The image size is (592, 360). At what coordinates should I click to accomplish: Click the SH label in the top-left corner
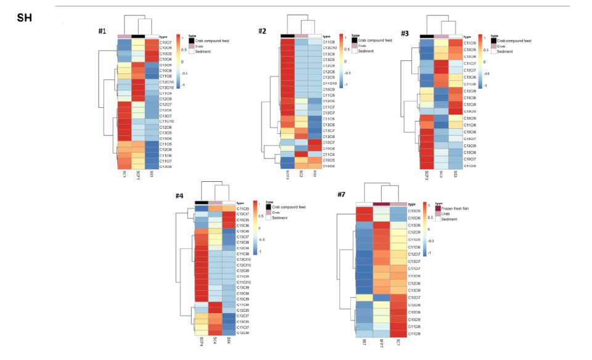coord(23,18)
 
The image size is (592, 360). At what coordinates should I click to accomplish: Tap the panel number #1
coord(104,31)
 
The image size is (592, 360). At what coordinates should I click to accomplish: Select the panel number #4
coord(179,195)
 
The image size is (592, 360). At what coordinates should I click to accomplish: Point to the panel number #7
coord(343,195)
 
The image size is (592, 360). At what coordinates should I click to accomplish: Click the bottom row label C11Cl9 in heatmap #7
coord(414,333)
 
